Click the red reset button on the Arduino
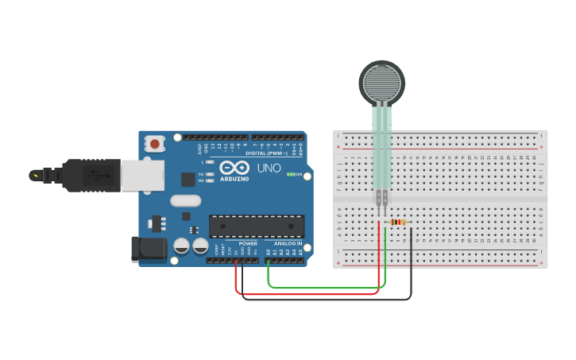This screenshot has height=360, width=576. click(x=155, y=144)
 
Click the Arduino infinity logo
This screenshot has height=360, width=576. click(x=234, y=168)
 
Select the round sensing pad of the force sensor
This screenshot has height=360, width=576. click(x=381, y=81)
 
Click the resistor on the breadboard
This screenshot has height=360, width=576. click(x=396, y=223)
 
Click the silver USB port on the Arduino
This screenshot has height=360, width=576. click(x=142, y=175)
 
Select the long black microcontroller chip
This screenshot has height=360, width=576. click(x=256, y=226)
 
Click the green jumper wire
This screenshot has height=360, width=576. click(x=326, y=287)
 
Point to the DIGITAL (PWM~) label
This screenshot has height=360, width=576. click(x=267, y=153)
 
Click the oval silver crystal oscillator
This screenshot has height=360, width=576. click(x=185, y=201)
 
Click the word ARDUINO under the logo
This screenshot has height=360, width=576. click(x=234, y=179)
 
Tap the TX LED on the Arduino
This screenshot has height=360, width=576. click(x=210, y=173)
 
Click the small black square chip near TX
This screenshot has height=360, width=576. click(x=187, y=180)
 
